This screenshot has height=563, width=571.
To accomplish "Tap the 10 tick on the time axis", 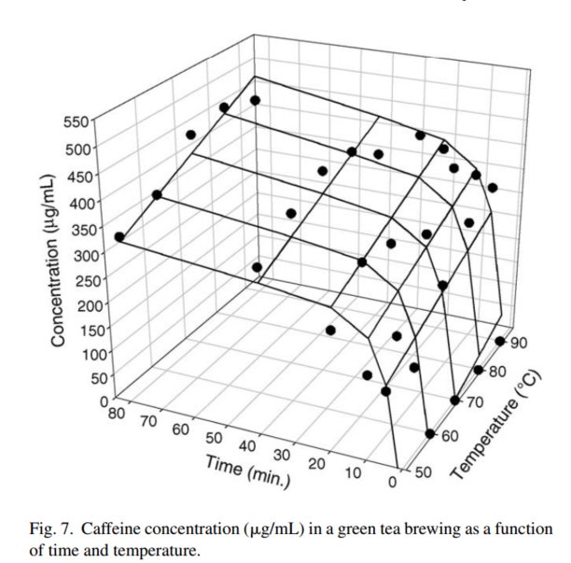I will pyautogui.click(x=353, y=472).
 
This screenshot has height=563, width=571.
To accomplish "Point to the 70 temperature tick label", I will pyautogui.click(x=476, y=402).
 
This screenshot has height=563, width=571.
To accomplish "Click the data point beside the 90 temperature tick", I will pyautogui.click(x=501, y=341).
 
